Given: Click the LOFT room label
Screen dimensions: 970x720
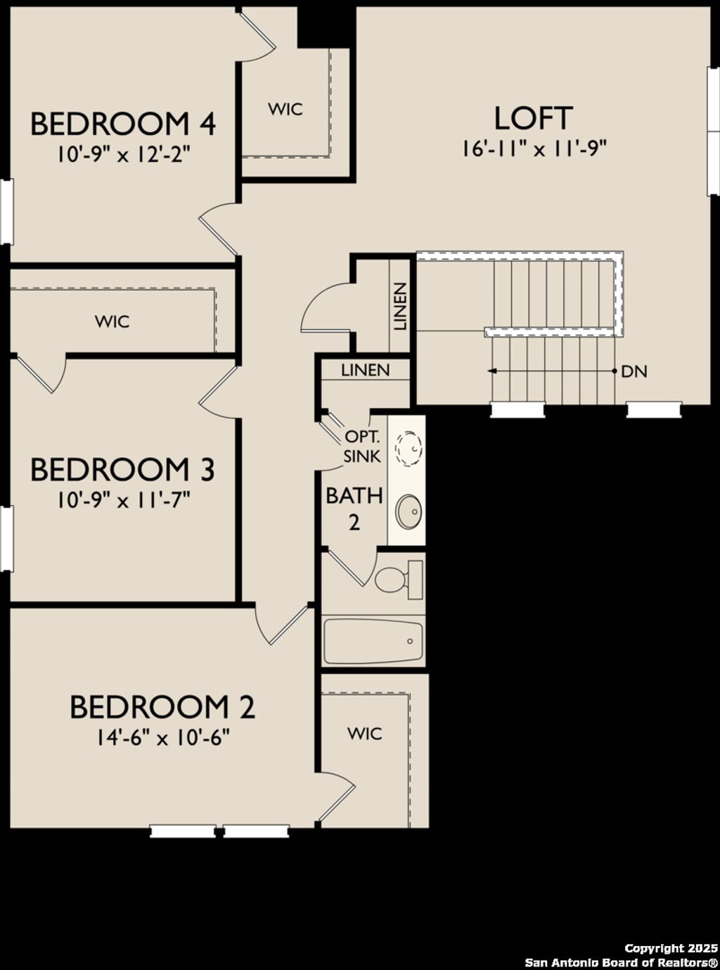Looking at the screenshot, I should [x=533, y=118].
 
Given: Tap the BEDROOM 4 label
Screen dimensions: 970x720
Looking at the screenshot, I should [x=122, y=124].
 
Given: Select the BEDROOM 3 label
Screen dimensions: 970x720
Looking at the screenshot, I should [x=122, y=469].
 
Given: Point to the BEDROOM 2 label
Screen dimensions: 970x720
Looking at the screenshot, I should [x=162, y=707].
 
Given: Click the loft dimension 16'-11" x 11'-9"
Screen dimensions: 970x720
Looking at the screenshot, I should [x=534, y=148].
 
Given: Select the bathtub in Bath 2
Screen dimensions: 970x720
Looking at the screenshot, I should [x=373, y=641].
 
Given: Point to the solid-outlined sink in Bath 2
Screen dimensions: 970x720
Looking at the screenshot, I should [x=408, y=511].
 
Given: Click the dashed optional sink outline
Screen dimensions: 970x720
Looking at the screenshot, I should [x=408, y=446].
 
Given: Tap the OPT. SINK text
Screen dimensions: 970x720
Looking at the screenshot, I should [x=362, y=446].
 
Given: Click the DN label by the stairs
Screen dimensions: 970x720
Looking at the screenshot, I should [x=634, y=371].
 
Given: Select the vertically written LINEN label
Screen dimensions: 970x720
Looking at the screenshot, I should [x=399, y=307].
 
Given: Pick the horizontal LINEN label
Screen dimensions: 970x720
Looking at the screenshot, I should [x=365, y=370].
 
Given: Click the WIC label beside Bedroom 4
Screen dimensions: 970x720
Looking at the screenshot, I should [x=285, y=109].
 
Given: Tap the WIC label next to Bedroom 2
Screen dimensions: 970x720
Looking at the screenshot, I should [x=365, y=734].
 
